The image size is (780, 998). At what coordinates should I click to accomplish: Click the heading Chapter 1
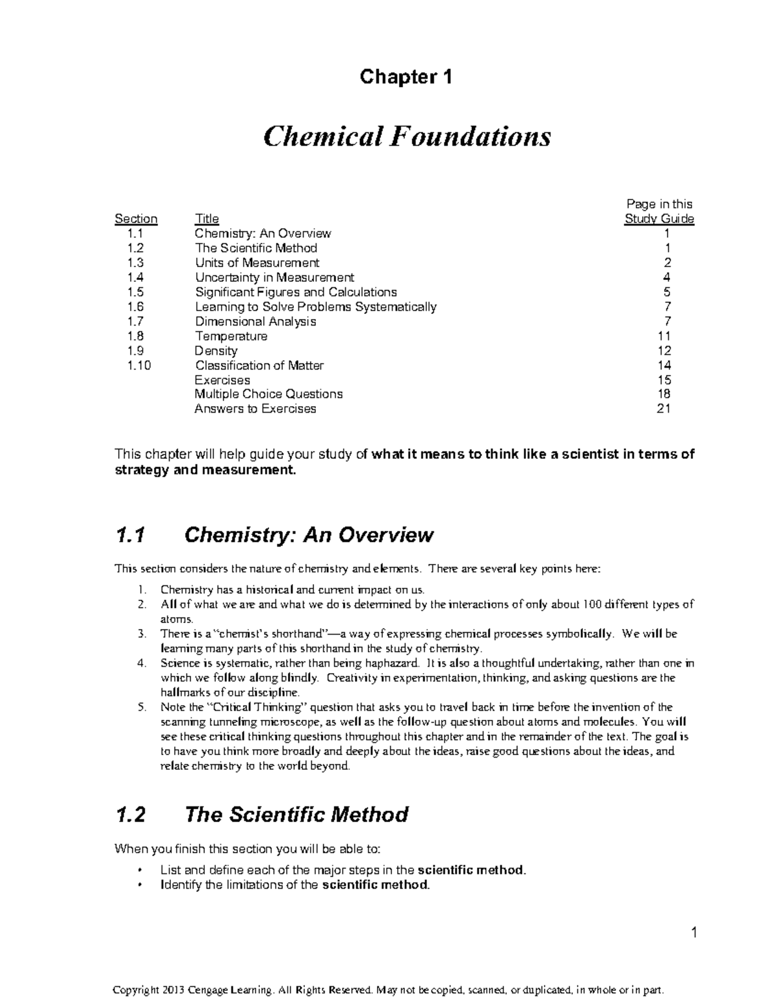pos(406,77)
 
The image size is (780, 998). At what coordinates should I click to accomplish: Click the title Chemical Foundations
pos(406,136)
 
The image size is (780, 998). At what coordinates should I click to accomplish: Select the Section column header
pos(136,219)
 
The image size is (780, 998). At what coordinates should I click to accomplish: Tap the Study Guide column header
pos(659,219)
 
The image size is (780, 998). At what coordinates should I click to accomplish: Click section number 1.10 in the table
pos(139,365)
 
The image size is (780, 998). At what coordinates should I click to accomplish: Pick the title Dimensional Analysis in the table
pos(255,322)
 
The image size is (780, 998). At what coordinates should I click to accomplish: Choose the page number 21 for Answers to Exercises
pos(664,409)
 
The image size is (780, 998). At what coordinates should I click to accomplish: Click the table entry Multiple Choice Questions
pos(268,394)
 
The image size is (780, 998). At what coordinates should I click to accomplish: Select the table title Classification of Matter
pos(259,365)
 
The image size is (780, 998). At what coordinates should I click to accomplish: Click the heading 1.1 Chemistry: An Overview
pos(274,535)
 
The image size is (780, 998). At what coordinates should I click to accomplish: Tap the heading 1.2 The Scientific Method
pos(261,814)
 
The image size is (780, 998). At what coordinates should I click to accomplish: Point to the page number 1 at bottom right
pos(694,934)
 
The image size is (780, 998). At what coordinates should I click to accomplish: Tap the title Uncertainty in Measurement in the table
pos(274,277)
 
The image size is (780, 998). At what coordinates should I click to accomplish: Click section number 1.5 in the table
pos(136,292)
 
